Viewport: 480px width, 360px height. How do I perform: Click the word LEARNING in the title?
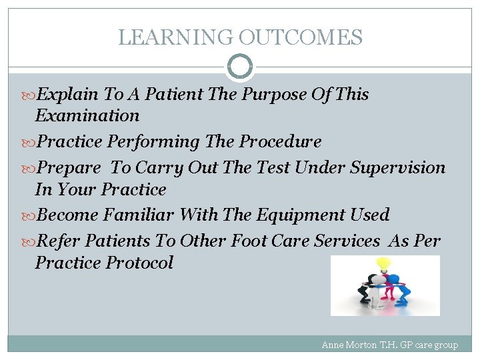point(175,37)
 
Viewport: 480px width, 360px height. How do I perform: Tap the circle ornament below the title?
point(240,67)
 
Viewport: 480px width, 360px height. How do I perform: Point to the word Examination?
point(87,116)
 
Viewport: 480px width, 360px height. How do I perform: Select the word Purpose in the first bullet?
point(275,95)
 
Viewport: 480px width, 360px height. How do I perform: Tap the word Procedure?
point(280,142)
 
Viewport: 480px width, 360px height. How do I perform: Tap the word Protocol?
point(140,263)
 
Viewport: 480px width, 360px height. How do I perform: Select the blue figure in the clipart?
point(397,287)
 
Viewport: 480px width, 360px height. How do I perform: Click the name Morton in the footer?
point(363,345)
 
